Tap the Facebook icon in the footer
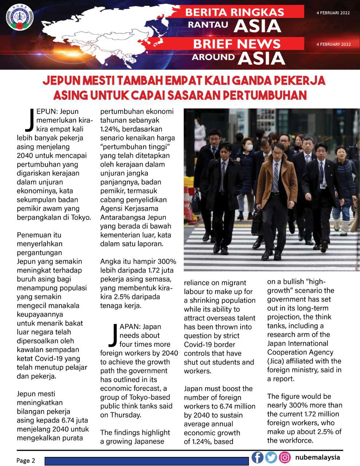tap(257, 457)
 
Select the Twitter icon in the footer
tap(271, 457)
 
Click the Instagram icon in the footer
tap(285, 457)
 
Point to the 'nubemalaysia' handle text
tap(317, 457)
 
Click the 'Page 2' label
tap(26, 461)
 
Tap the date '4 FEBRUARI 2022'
tap(333, 13)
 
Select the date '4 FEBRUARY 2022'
tap(333, 44)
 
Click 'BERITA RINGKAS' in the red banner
tap(235, 12)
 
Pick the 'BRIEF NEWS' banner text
tap(237, 44)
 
